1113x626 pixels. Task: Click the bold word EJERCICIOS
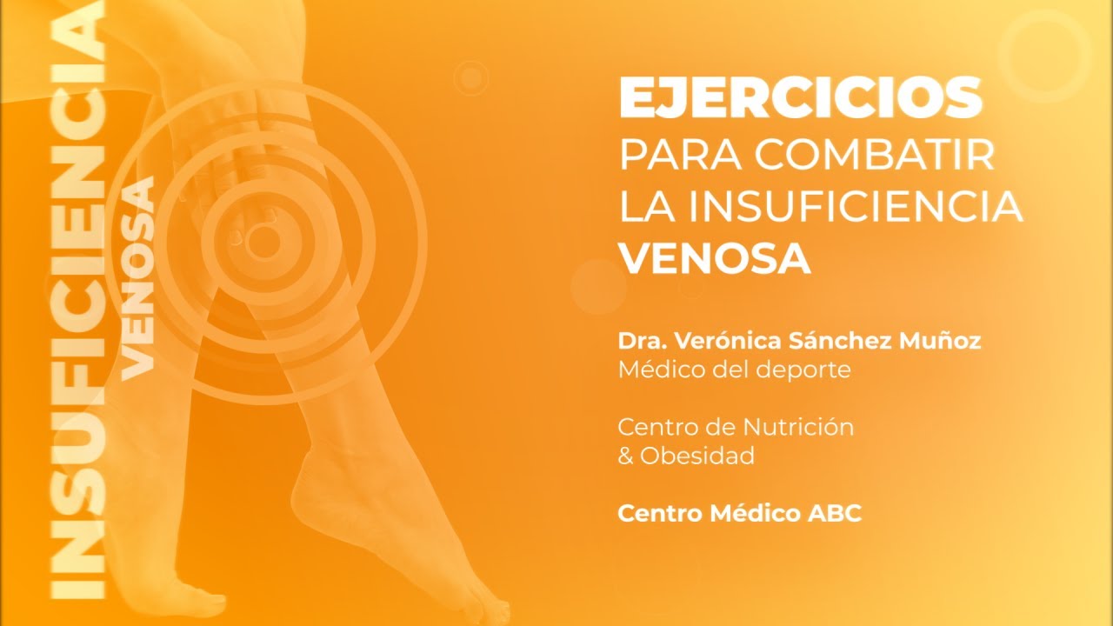(x=800, y=97)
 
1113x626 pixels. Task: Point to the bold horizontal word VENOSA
(x=714, y=257)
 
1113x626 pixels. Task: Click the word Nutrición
(x=798, y=427)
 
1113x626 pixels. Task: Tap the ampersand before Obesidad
(x=625, y=456)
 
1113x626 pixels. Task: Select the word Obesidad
(x=697, y=456)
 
